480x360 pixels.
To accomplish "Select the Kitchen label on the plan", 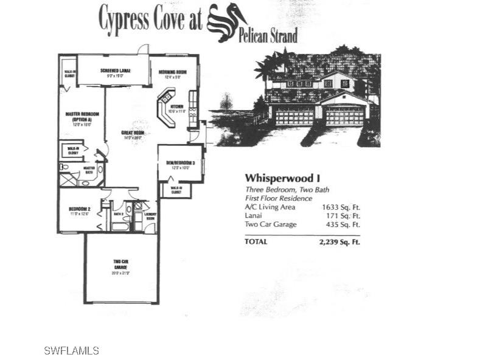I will (x=176, y=108).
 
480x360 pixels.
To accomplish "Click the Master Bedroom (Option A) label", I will (x=82, y=116).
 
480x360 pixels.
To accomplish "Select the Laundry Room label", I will (x=150, y=215).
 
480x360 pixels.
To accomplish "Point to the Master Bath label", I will (x=89, y=171).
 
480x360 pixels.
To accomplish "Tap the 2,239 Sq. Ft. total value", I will (x=339, y=241).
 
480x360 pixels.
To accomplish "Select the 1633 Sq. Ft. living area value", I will (x=341, y=207).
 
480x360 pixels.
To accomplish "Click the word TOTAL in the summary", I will (x=256, y=241).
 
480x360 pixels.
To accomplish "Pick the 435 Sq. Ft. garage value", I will (x=342, y=224).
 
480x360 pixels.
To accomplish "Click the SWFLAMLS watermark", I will (x=71, y=350).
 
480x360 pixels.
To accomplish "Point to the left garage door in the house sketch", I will (x=294, y=116).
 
